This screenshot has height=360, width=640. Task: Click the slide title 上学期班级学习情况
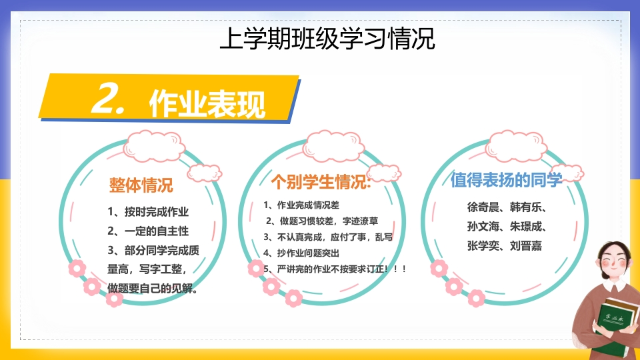point(327,39)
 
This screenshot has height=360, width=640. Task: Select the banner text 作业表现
point(207,104)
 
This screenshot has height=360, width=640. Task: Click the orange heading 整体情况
point(141,185)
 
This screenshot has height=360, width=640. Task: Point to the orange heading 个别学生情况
point(321,181)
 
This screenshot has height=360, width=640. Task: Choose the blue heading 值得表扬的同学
point(506,179)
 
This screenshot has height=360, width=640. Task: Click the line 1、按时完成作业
point(148,211)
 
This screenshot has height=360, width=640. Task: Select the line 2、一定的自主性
point(148,231)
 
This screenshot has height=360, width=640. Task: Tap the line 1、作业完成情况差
point(301,205)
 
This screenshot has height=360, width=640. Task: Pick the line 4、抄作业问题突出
point(301,253)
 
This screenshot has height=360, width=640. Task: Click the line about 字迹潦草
point(322,221)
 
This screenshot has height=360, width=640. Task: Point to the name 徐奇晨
point(483,207)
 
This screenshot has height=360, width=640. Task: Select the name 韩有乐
point(526,207)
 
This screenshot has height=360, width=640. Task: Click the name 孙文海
point(483,226)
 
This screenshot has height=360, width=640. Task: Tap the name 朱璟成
point(526,226)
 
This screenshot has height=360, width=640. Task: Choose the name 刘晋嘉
point(526,246)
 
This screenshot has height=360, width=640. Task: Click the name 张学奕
point(483,246)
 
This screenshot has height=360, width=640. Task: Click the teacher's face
point(613,261)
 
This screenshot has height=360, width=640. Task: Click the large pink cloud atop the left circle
point(154,146)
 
